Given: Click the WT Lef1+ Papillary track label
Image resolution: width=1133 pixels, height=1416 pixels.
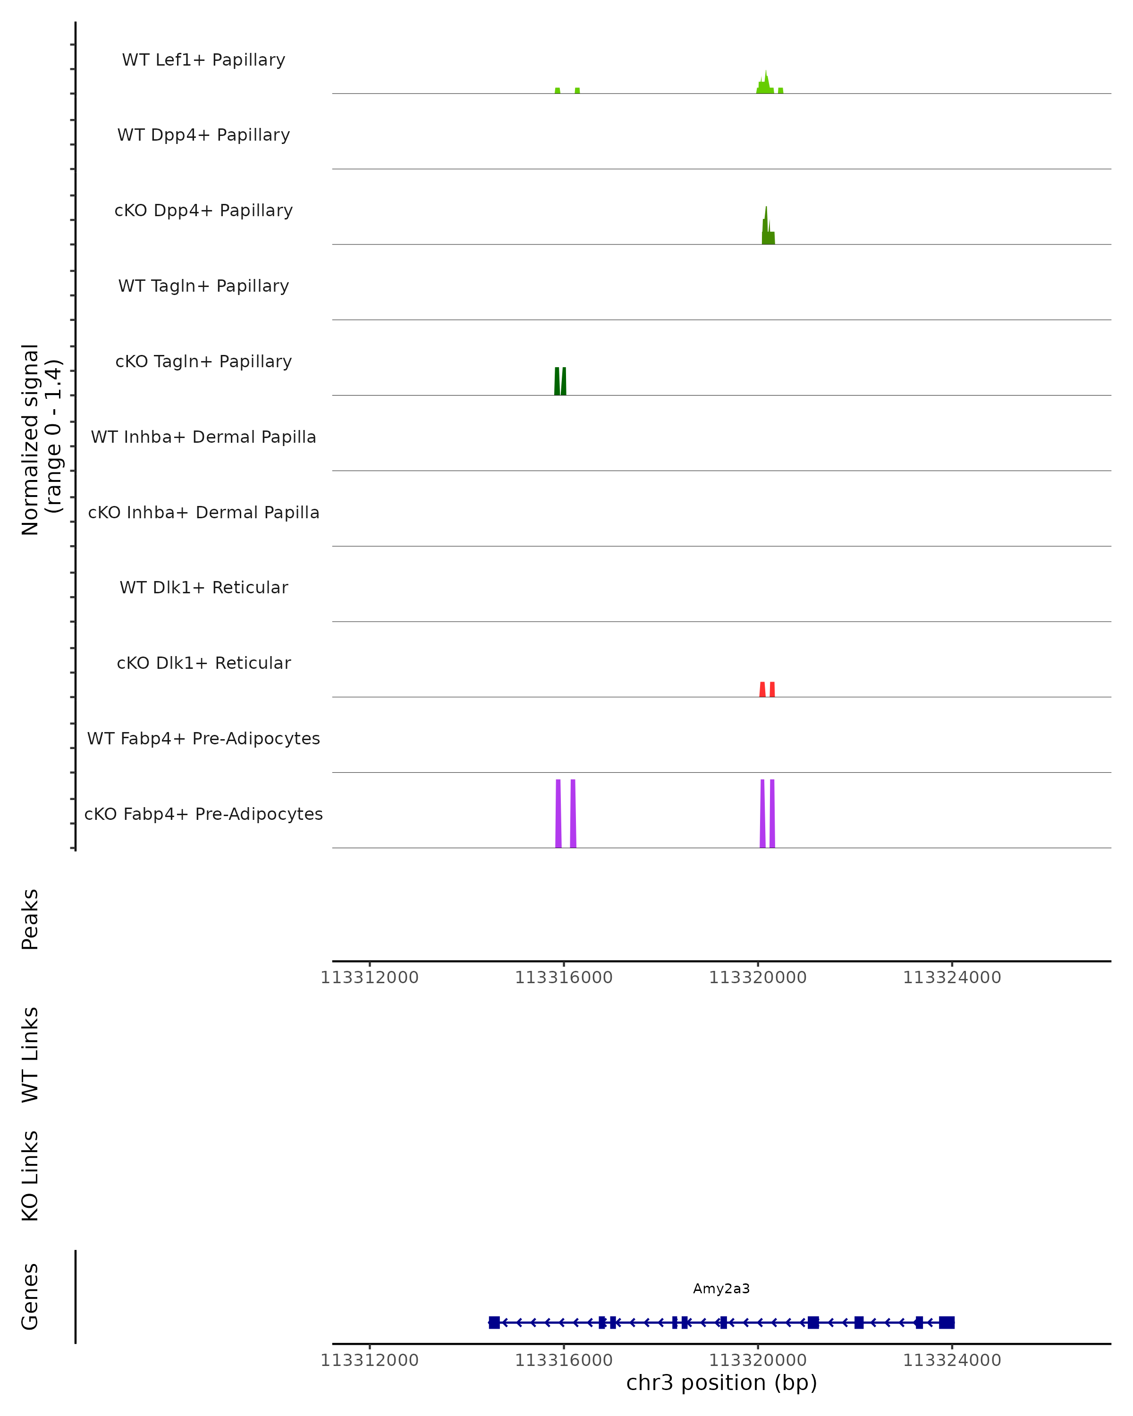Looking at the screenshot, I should click(x=203, y=60).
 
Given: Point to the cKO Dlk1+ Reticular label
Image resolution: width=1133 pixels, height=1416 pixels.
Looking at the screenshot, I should click(x=203, y=663).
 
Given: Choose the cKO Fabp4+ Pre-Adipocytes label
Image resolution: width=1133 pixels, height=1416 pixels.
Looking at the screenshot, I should click(x=203, y=814).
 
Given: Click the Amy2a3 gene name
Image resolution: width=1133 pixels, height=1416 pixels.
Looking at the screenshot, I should click(x=721, y=1289).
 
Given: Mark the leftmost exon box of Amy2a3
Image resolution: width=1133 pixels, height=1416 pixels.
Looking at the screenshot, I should click(x=494, y=1323).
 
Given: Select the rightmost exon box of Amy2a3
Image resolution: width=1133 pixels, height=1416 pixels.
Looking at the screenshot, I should click(x=947, y=1323).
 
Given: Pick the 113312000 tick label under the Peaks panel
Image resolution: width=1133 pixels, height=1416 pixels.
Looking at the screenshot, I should click(x=369, y=978).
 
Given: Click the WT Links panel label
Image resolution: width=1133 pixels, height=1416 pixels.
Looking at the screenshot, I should click(x=30, y=1055).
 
